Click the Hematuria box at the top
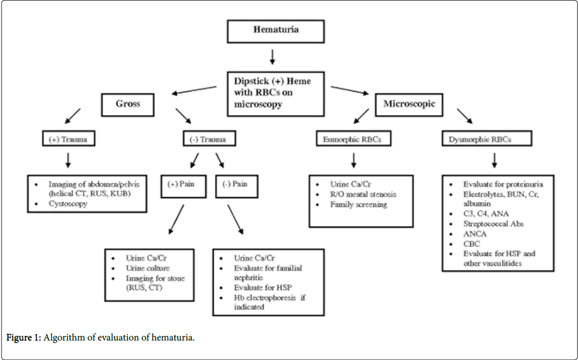[x=275, y=30]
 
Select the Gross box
[x=127, y=104]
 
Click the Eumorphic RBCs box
[x=353, y=139]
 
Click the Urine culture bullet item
[x=147, y=268]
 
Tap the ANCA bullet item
[x=475, y=234]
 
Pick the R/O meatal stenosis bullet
[x=363, y=194]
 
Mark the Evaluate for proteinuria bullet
[x=502, y=184]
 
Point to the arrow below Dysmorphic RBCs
[x=495, y=160]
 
